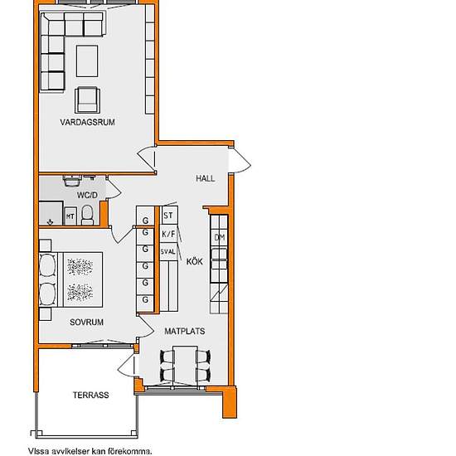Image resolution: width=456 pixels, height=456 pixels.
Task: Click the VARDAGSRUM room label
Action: (87, 122)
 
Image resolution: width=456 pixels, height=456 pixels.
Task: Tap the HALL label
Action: (206, 178)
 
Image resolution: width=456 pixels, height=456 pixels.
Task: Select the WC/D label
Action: (87, 195)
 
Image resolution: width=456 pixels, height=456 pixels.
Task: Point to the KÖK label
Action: (195, 261)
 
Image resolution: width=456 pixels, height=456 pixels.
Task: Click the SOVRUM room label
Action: (87, 323)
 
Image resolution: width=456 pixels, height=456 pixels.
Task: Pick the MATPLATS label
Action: (185, 331)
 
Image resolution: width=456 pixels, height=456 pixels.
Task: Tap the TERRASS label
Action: (90, 395)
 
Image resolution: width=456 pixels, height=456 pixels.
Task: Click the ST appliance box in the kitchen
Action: (169, 216)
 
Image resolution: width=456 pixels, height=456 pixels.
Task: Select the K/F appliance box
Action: (168, 234)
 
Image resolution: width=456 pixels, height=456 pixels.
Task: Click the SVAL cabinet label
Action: (168, 251)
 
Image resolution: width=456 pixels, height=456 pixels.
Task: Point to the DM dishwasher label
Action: (220, 238)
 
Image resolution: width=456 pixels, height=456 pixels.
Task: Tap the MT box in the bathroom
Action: (70, 216)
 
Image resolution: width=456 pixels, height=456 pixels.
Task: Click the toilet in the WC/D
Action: (87, 216)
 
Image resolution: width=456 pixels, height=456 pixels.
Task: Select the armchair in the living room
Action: (87, 100)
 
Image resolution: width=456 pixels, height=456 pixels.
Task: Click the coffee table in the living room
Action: (87, 61)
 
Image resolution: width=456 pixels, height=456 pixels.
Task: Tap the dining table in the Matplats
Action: (185, 366)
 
